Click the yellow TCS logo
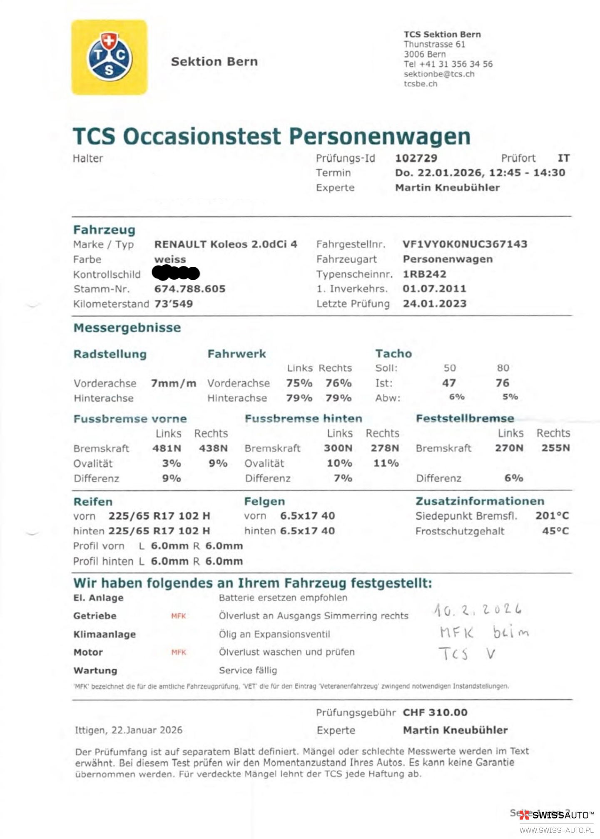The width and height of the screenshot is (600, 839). click(109, 57)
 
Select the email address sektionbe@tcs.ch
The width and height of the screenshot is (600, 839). click(439, 74)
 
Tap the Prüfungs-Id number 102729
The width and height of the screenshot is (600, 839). click(416, 158)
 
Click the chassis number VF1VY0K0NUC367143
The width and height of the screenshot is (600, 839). click(465, 244)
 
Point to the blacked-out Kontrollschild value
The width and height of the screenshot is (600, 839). click(176, 273)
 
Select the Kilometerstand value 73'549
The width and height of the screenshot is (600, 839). click(174, 304)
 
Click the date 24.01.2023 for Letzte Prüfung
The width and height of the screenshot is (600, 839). click(434, 304)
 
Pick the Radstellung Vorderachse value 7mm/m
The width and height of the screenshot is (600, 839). click(173, 383)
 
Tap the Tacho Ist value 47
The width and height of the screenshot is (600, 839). click(449, 383)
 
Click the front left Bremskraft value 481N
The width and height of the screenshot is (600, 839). click(167, 448)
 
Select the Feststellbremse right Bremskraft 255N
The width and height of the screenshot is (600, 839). click(555, 448)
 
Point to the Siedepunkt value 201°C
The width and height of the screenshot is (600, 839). click(552, 516)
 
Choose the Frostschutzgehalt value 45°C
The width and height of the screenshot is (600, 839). click(555, 531)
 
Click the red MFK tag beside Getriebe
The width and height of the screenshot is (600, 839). click(178, 616)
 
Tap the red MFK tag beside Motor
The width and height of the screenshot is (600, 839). click(179, 652)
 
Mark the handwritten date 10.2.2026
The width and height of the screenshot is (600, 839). click(477, 610)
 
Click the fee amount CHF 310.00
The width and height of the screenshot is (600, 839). click(435, 712)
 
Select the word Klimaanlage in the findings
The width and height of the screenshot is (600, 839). click(105, 634)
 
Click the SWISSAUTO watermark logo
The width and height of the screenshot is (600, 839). click(556, 815)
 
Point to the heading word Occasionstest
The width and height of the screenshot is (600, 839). click(202, 137)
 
